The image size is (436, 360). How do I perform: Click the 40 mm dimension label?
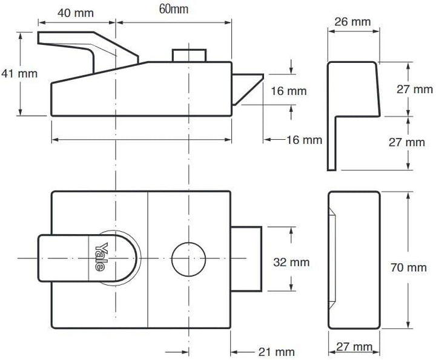(76, 13)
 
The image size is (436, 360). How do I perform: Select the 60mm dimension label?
(174, 9)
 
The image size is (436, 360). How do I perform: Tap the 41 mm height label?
(19, 74)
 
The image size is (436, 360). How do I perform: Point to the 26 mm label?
(352, 22)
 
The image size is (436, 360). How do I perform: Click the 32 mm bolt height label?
(291, 262)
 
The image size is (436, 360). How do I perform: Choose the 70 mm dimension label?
(408, 267)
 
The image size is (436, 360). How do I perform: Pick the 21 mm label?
(276, 352)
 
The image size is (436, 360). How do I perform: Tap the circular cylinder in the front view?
(188, 259)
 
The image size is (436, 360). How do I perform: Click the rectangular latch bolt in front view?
(246, 259)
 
